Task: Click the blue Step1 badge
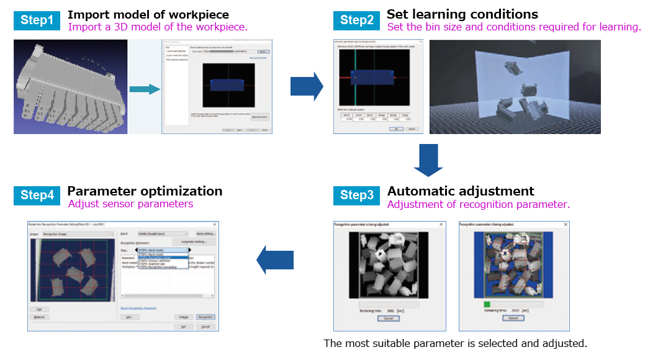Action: coord(37,20)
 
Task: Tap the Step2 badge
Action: coord(357,20)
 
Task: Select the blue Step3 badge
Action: coord(357,196)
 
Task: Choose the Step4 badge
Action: coord(37,195)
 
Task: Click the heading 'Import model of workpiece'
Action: coord(148,14)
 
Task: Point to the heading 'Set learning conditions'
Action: coord(462,14)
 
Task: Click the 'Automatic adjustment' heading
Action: coord(461,191)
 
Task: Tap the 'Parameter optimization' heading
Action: coord(145,191)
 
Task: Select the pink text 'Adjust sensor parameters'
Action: coord(130,204)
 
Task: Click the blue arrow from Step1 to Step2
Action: coord(307,86)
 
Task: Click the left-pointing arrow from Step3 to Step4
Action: coord(274,259)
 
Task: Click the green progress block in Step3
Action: coord(487,304)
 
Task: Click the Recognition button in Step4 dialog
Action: coord(205,317)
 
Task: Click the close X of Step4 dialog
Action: coord(215,223)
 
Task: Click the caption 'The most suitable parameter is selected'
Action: coord(455,343)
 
